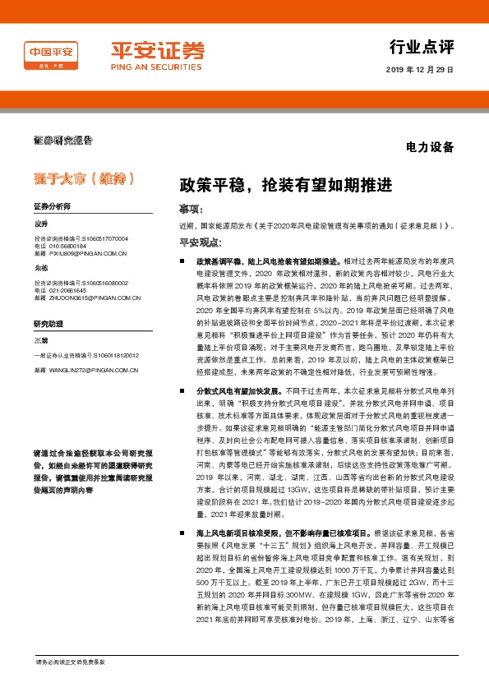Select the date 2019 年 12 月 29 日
click(x=419, y=70)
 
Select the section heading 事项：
click(x=191, y=209)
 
